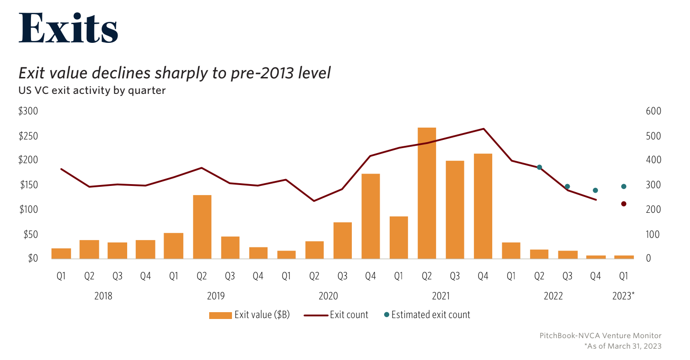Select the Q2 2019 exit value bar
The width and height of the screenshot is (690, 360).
(202, 226)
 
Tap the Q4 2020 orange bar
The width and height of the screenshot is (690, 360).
(371, 216)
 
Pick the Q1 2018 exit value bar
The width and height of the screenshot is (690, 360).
(61, 253)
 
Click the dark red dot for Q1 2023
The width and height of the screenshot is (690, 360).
(623, 204)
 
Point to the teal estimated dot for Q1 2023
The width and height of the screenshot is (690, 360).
(623, 186)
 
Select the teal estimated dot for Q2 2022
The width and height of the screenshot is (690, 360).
(539, 167)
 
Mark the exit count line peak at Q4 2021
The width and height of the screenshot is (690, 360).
(483, 129)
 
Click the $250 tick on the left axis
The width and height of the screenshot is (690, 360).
(28, 136)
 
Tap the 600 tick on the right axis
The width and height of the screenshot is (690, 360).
(654, 111)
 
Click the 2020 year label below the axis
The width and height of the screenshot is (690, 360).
(328, 296)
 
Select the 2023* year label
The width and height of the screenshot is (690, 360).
(623, 296)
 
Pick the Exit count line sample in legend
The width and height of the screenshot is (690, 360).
(316, 315)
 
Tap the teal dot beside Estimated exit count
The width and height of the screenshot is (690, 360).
(386, 314)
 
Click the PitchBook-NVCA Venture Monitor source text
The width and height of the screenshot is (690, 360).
(600, 335)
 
